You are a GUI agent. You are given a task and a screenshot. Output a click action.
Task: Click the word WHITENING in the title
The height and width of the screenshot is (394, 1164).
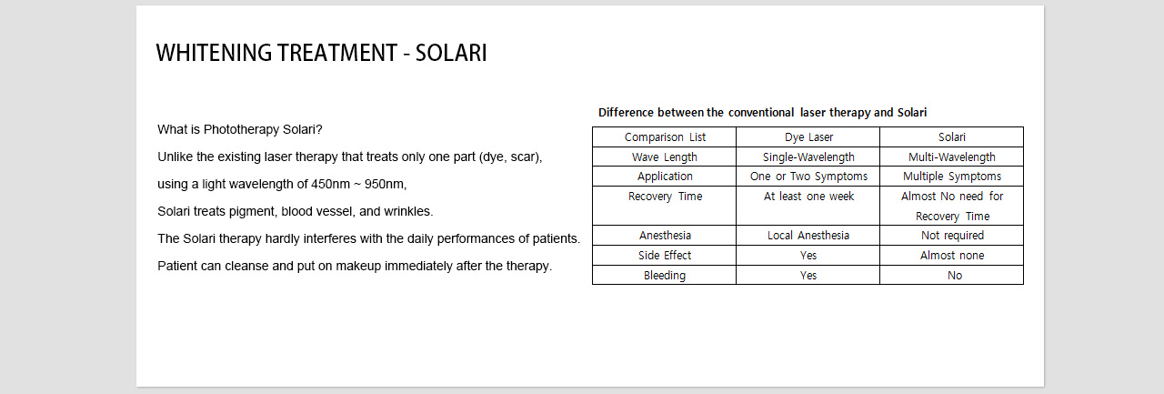(214, 53)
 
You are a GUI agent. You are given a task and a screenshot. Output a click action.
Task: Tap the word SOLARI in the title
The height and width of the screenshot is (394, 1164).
(451, 53)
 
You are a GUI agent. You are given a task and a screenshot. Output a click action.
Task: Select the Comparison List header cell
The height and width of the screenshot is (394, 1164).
(665, 137)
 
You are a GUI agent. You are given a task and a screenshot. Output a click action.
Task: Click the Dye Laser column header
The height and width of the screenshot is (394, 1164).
(808, 137)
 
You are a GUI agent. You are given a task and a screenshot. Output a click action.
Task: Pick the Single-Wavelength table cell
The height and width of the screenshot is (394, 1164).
(808, 157)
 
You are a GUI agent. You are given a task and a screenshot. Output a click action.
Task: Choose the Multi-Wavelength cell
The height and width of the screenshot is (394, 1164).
(952, 157)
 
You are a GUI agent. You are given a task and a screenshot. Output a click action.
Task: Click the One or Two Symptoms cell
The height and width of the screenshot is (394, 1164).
(808, 177)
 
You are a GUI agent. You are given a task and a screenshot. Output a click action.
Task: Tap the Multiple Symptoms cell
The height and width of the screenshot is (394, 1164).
(952, 177)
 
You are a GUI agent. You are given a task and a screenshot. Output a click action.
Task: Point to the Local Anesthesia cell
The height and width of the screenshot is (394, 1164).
(808, 236)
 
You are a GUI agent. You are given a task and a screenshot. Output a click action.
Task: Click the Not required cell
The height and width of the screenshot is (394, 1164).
(952, 236)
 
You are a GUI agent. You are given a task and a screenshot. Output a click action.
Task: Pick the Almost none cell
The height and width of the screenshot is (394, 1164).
(952, 255)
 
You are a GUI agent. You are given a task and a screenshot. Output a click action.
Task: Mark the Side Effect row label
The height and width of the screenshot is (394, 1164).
(665, 255)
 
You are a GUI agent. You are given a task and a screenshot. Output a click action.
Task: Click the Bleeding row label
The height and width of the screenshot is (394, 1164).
(665, 276)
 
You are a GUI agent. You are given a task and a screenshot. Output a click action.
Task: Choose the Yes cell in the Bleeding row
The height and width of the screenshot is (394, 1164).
(808, 276)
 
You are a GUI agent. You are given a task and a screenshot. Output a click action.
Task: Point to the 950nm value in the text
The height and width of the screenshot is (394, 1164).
(385, 184)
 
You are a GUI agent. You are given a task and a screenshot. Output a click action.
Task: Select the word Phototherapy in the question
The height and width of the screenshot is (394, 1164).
(241, 129)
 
